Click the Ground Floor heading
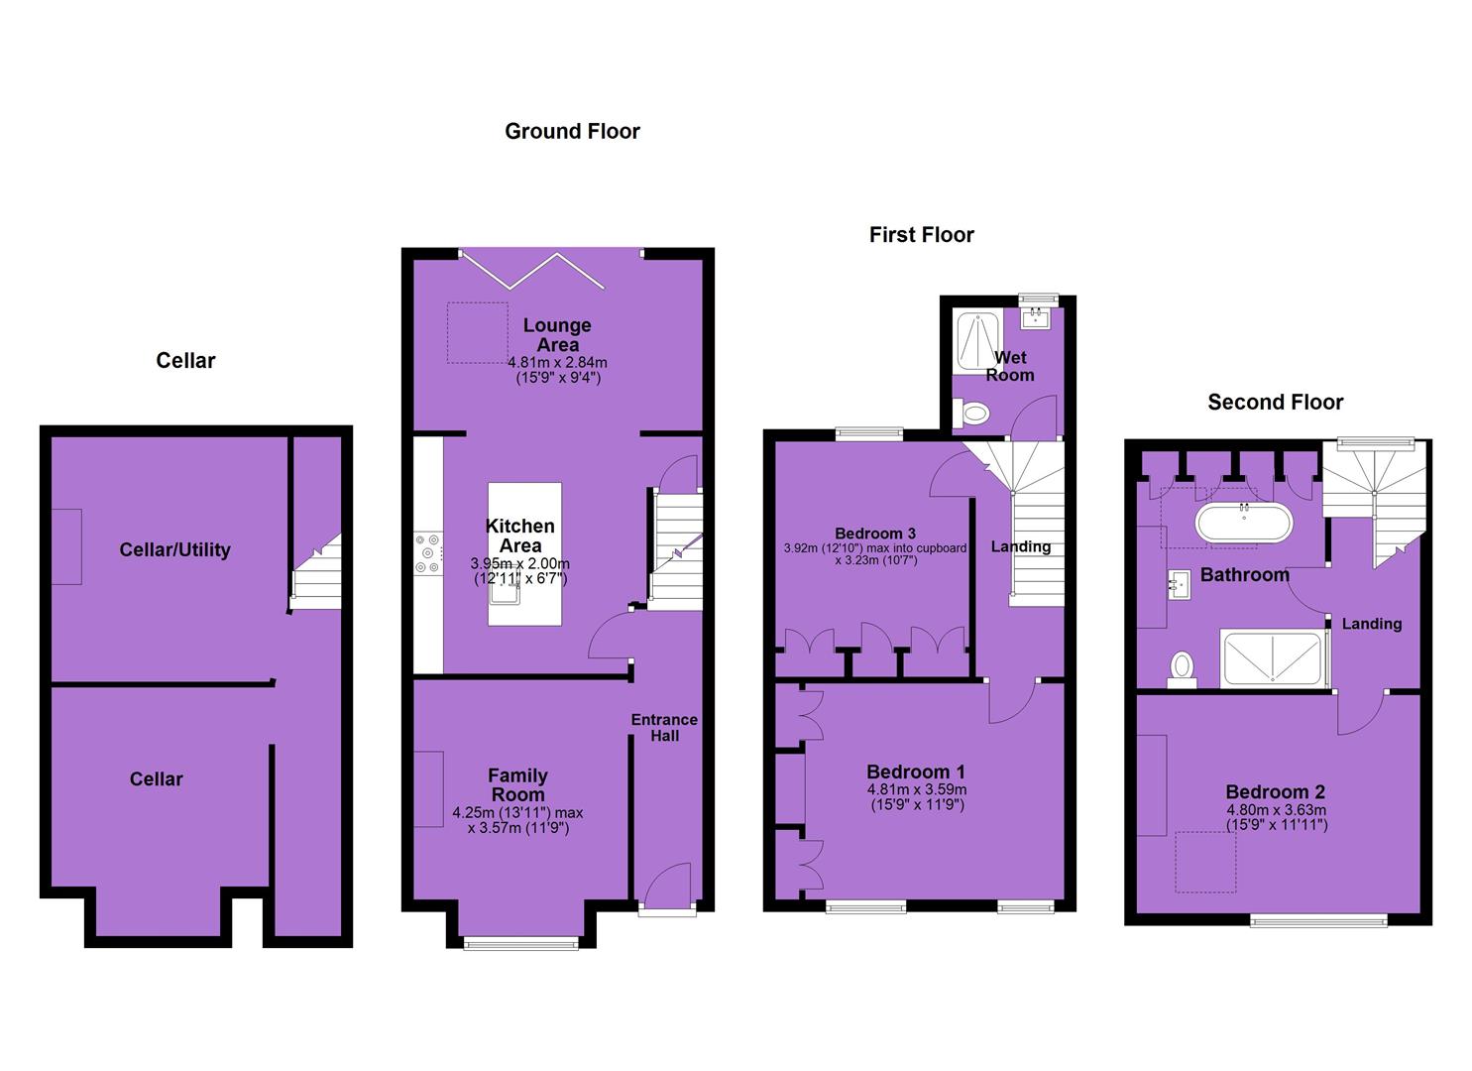[572, 132]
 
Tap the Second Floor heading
[1275, 402]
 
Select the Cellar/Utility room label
[174, 549]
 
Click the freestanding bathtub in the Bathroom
[1245, 524]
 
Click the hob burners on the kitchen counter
[428, 553]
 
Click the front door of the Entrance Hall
[667, 890]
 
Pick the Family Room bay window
[521, 944]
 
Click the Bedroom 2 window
[1318, 921]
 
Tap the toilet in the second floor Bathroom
[1181, 669]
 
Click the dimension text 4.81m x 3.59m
[917, 789]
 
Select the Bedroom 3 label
[875, 534]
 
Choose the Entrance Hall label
[664, 728]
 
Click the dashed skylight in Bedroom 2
[1205, 862]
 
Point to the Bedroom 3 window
[869, 433]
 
